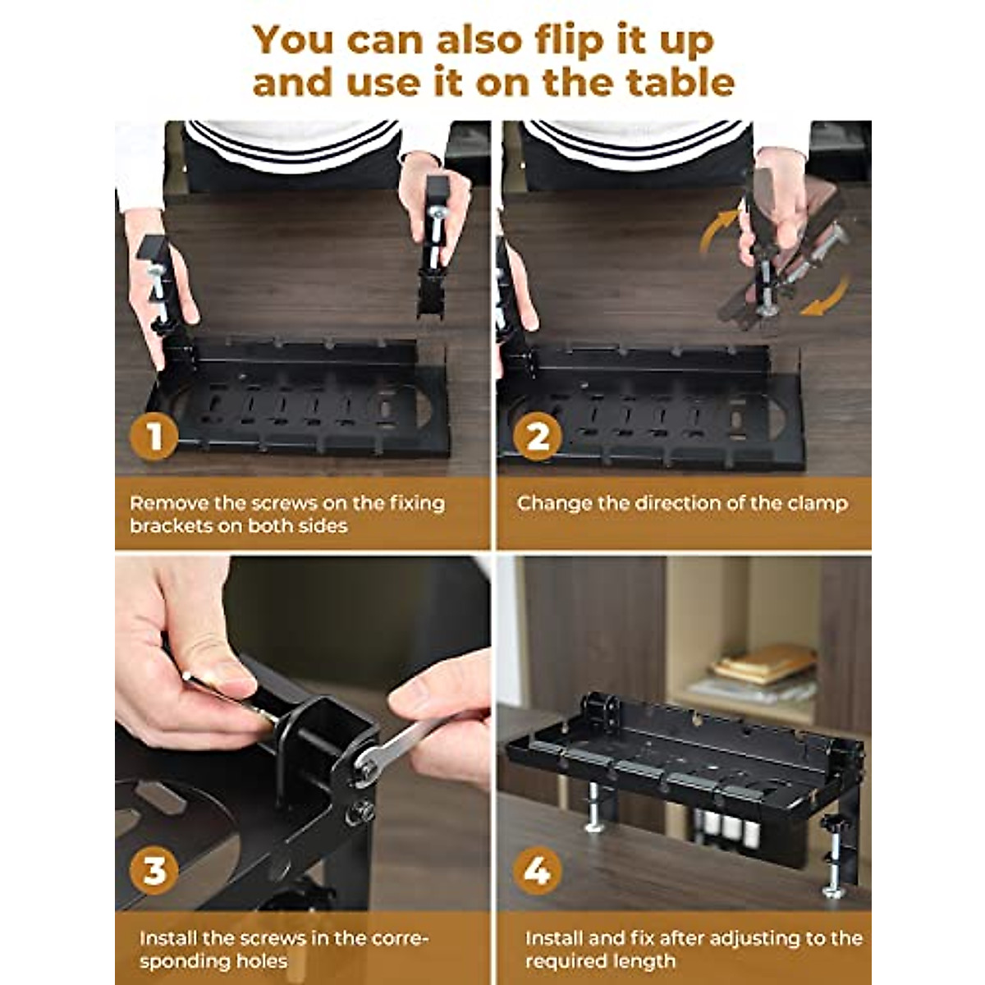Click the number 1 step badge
tap(153, 436)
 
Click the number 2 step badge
tap(537, 436)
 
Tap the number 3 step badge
tap(153, 871)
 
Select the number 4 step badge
tap(537, 871)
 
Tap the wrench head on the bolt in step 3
tap(364, 767)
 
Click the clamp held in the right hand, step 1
tap(435, 246)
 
